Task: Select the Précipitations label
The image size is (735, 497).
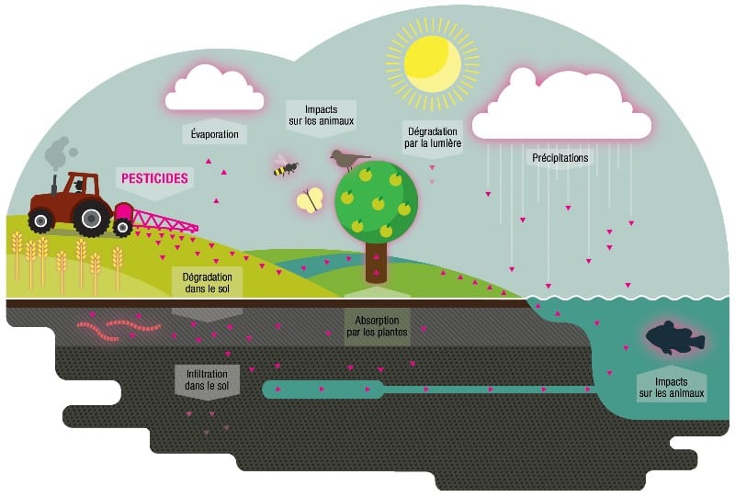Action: (560, 158)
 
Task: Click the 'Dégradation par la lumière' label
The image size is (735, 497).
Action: (432, 137)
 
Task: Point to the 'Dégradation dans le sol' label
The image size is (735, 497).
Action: (207, 282)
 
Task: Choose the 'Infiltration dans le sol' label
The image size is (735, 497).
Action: (207, 379)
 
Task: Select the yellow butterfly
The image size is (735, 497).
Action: (310, 199)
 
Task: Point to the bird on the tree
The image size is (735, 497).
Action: (348, 159)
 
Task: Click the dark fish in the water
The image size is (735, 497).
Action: (674, 338)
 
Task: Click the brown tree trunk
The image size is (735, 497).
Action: (377, 262)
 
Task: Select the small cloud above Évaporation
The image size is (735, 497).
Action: (215, 90)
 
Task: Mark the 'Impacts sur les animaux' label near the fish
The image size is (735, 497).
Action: (672, 388)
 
